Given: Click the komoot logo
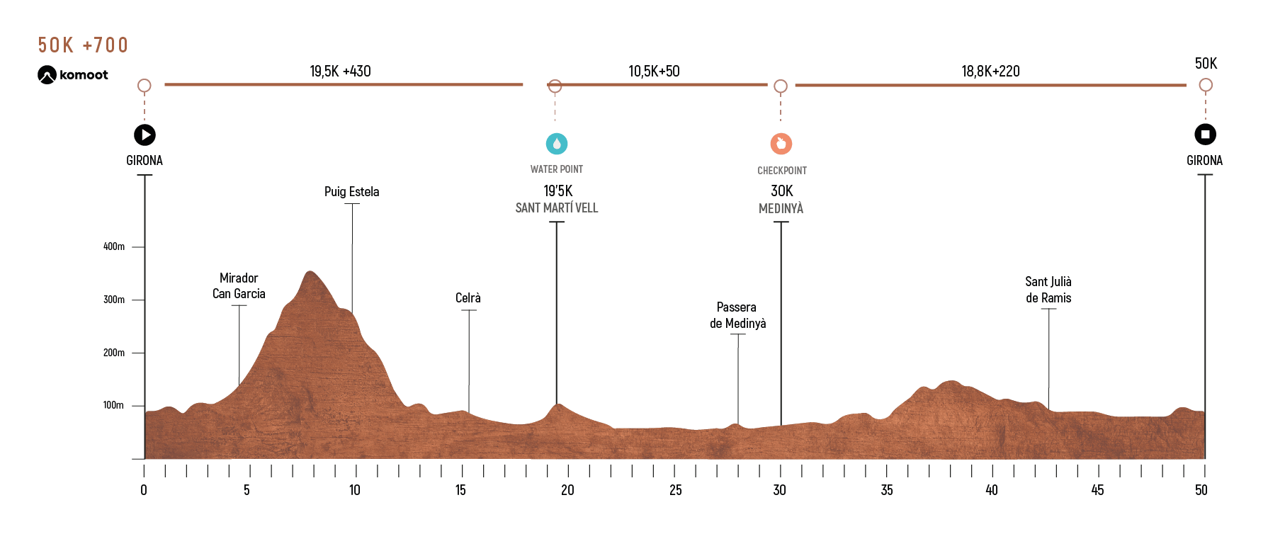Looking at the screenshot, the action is tap(73, 75).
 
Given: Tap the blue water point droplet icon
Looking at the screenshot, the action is tap(557, 144).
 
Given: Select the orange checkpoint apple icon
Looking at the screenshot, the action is tap(781, 144).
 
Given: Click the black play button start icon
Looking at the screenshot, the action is tap(145, 135).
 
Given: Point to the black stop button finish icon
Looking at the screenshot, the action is tap(1206, 134).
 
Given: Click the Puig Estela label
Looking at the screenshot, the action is tap(352, 192).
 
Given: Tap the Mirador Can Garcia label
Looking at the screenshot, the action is tap(239, 286).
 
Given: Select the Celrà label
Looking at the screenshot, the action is tap(468, 298).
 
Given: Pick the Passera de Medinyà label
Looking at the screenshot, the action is tap(738, 315).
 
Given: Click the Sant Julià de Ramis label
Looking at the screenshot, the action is tap(1048, 290).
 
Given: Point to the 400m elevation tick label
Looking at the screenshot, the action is tap(114, 246).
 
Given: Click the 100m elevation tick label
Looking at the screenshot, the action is tap(114, 405).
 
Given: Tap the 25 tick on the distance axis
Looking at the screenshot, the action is tap(676, 490).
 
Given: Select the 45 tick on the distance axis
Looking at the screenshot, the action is tap(1097, 490).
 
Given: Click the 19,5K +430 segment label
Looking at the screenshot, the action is tap(340, 72).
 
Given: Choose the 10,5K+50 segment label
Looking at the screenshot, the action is tap(654, 72).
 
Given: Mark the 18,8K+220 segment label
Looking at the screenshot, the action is tap(990, 72).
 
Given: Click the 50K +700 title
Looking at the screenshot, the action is tap(83, 45).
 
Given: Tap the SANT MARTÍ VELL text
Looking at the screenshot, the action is tap(557, 208).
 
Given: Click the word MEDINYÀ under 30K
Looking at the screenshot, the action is tap(781, 208).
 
